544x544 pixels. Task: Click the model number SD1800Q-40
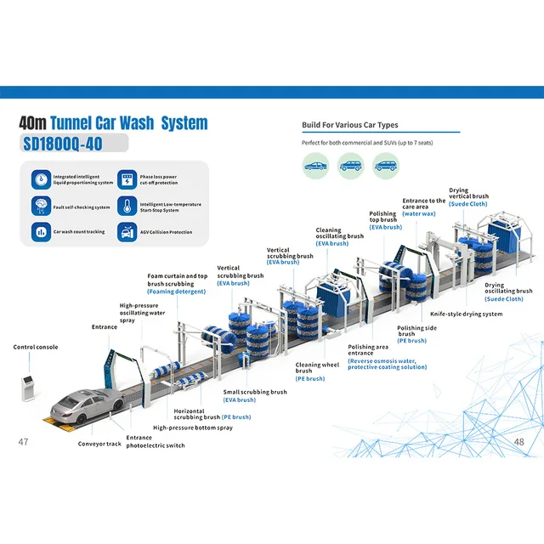pos(61,143)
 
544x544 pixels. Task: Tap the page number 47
pos(24,442)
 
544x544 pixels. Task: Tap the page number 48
pos(518,442)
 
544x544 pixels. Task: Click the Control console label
pos(36,347)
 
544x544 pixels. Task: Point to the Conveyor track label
pos(100,444)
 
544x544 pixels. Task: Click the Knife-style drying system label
pos(467,314)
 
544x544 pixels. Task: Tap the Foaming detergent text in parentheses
pos(177,292)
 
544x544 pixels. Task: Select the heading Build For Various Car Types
pos(351,125)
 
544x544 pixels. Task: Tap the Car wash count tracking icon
pos(41,231)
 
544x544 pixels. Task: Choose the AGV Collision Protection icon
pos(126,231)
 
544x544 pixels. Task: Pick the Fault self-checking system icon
pos(41,206)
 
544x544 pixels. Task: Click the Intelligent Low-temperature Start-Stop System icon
pos(126,206)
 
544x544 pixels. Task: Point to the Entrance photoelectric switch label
pos(156,441)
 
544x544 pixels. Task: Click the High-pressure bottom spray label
pos(193,428)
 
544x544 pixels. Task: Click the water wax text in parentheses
pos(419,213)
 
